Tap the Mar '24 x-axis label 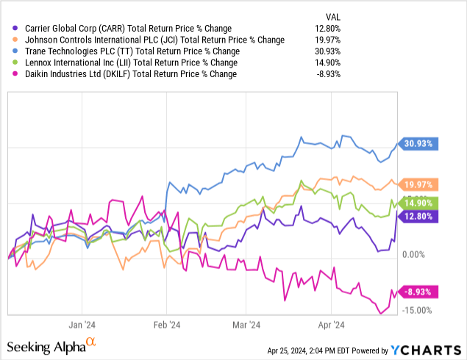(x=247, y=324)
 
